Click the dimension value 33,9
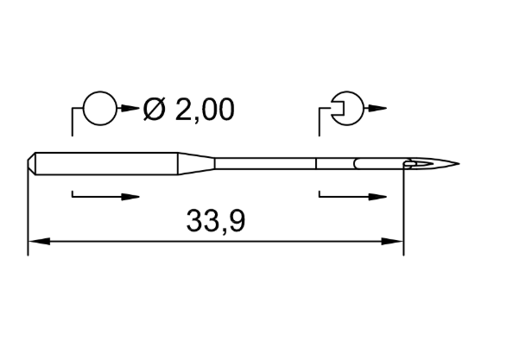click(215, 221)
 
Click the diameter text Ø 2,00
click(188, 110)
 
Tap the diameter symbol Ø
click(155, 110)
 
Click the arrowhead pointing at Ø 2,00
click(130, 109)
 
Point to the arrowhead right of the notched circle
click(377, 109)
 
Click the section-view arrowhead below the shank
click(130, 197)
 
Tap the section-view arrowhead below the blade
click(377, 197)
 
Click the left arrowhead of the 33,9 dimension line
click(39, 242)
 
